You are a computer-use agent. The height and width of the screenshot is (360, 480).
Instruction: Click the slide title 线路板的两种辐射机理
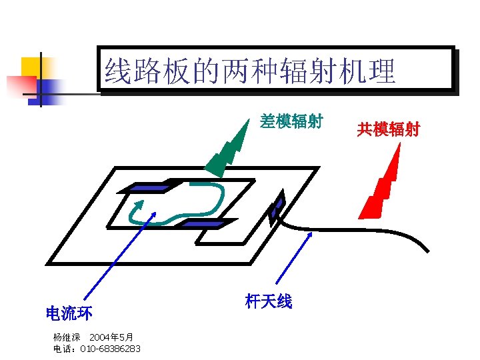coord(250,71)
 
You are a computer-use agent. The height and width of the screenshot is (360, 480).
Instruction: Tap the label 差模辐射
coord(291,121)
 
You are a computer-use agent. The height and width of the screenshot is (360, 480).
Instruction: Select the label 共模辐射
coord(388,129)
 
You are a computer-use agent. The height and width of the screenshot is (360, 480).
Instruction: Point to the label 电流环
coord(69,313)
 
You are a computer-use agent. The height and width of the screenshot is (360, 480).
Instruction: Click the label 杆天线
coord(269,301)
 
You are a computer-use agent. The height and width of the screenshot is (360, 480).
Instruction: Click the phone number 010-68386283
coord(110,349)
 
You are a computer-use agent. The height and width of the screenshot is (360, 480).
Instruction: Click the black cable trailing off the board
coord(373,230)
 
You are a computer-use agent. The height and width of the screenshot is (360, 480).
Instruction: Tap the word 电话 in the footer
coord(63,349)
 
